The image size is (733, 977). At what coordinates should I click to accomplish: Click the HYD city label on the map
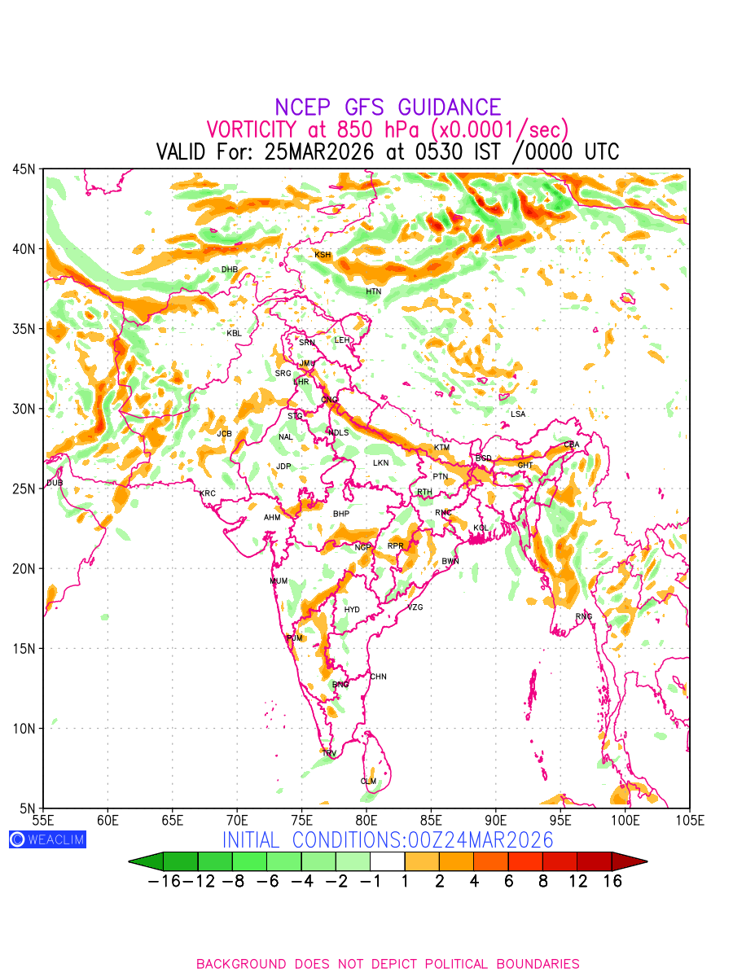tap(352, 610)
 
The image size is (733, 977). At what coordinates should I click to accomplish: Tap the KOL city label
tap(481, 528)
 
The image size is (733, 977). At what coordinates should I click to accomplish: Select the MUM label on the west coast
tap(279, 581)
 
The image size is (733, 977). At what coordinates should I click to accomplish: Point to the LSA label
tap(518, 414)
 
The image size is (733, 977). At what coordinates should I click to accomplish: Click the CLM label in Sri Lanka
tap(369, 782)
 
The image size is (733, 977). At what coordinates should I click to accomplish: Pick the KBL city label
tap(234, 333)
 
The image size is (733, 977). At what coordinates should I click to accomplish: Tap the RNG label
tap(584, 617)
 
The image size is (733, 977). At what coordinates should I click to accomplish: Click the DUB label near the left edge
tap(55, 484)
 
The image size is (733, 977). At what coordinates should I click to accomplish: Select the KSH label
tap(323, 256)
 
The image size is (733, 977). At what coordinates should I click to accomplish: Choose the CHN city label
tap(378, 677)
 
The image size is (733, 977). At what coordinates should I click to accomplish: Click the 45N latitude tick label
tap(24, 169)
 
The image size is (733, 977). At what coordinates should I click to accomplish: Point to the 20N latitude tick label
tap(24, 568)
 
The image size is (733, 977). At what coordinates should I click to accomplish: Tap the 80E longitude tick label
tap(366, 819)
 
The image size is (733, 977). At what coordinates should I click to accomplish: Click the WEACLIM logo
tap(47, 840)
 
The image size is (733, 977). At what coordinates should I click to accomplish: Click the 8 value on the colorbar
tap(543, 881)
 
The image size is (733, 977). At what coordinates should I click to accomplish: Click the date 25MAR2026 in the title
tap(318, 152)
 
